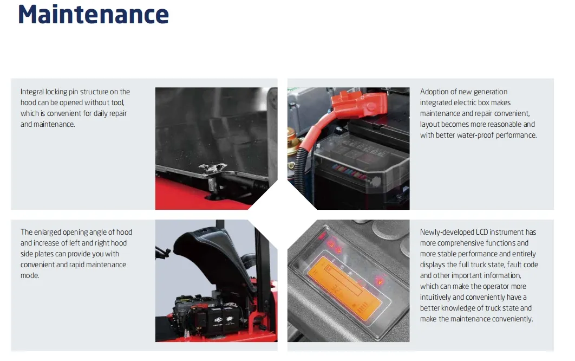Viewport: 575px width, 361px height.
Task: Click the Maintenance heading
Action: [93, 14]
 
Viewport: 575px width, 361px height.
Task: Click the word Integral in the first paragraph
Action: [32, 92]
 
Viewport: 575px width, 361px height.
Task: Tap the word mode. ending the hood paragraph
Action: [30, 275]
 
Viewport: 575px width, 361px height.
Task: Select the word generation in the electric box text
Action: [491, 92]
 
